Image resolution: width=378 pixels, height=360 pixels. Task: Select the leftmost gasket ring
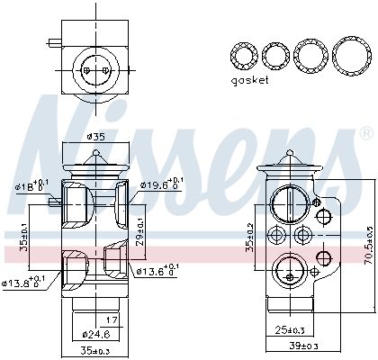[242, 56]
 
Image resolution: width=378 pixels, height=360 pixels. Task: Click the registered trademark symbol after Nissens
[365, 132]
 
